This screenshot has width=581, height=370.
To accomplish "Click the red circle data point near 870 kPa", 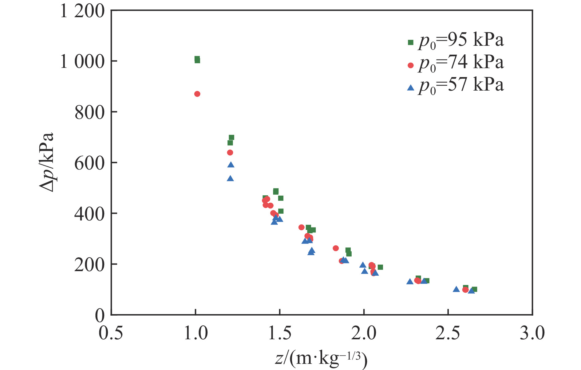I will (197, 94).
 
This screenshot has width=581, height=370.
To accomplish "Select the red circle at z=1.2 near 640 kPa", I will (230, 153).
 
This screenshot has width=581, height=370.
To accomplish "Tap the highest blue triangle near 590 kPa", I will (231, 165).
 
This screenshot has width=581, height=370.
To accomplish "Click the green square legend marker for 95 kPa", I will (410, 42).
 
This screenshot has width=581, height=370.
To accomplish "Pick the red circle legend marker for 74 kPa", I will (410, 65).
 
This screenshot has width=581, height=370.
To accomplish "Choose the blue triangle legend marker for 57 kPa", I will (410, 88).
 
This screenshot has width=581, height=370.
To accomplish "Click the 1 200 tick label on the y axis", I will (82, 12).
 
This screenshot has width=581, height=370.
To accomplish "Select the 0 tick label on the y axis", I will (100, 316).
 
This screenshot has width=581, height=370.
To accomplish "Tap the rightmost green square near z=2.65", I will (474, 289).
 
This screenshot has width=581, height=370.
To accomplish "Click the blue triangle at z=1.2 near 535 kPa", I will (230, 179).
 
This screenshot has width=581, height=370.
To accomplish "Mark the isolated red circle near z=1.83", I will (336, 248).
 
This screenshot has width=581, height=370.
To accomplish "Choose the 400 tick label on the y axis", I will (89, 214).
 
